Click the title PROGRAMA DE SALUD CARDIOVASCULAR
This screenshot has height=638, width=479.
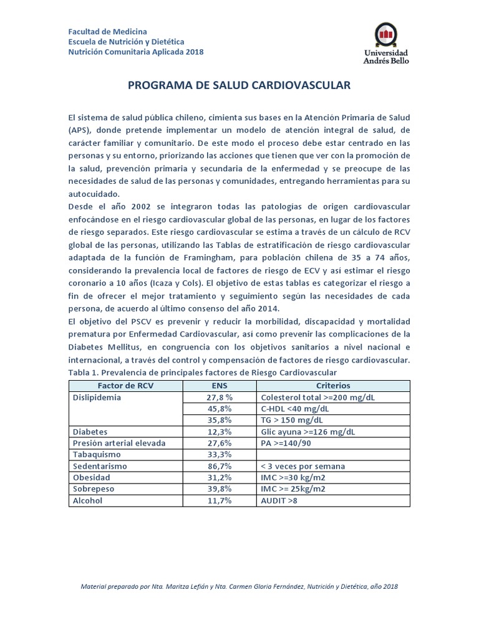[x=239, y=85]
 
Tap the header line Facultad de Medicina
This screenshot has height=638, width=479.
[x=108, y=32]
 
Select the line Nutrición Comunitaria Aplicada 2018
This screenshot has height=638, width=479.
[x=135, y=52]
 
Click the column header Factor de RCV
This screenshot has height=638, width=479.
[x=125, y=386]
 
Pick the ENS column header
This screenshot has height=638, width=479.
[x=220, y=386]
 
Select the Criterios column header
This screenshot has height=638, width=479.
[x=333, y=386]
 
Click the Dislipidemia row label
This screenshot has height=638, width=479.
[x=97, y=397]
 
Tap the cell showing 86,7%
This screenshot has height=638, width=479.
[x=220, y=466]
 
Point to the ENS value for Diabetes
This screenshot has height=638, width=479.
[x=220, y=431]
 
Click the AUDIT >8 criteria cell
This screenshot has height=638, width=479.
[x=279, y=500]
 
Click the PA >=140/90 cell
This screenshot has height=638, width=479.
[x=286, y=443]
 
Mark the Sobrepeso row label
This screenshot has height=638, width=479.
[x=94, y=489]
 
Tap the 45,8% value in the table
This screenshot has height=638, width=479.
[x=220, y=408]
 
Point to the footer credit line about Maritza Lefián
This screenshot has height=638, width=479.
[x=239, y=586]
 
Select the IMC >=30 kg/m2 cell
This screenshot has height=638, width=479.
[x=293, y=477]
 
